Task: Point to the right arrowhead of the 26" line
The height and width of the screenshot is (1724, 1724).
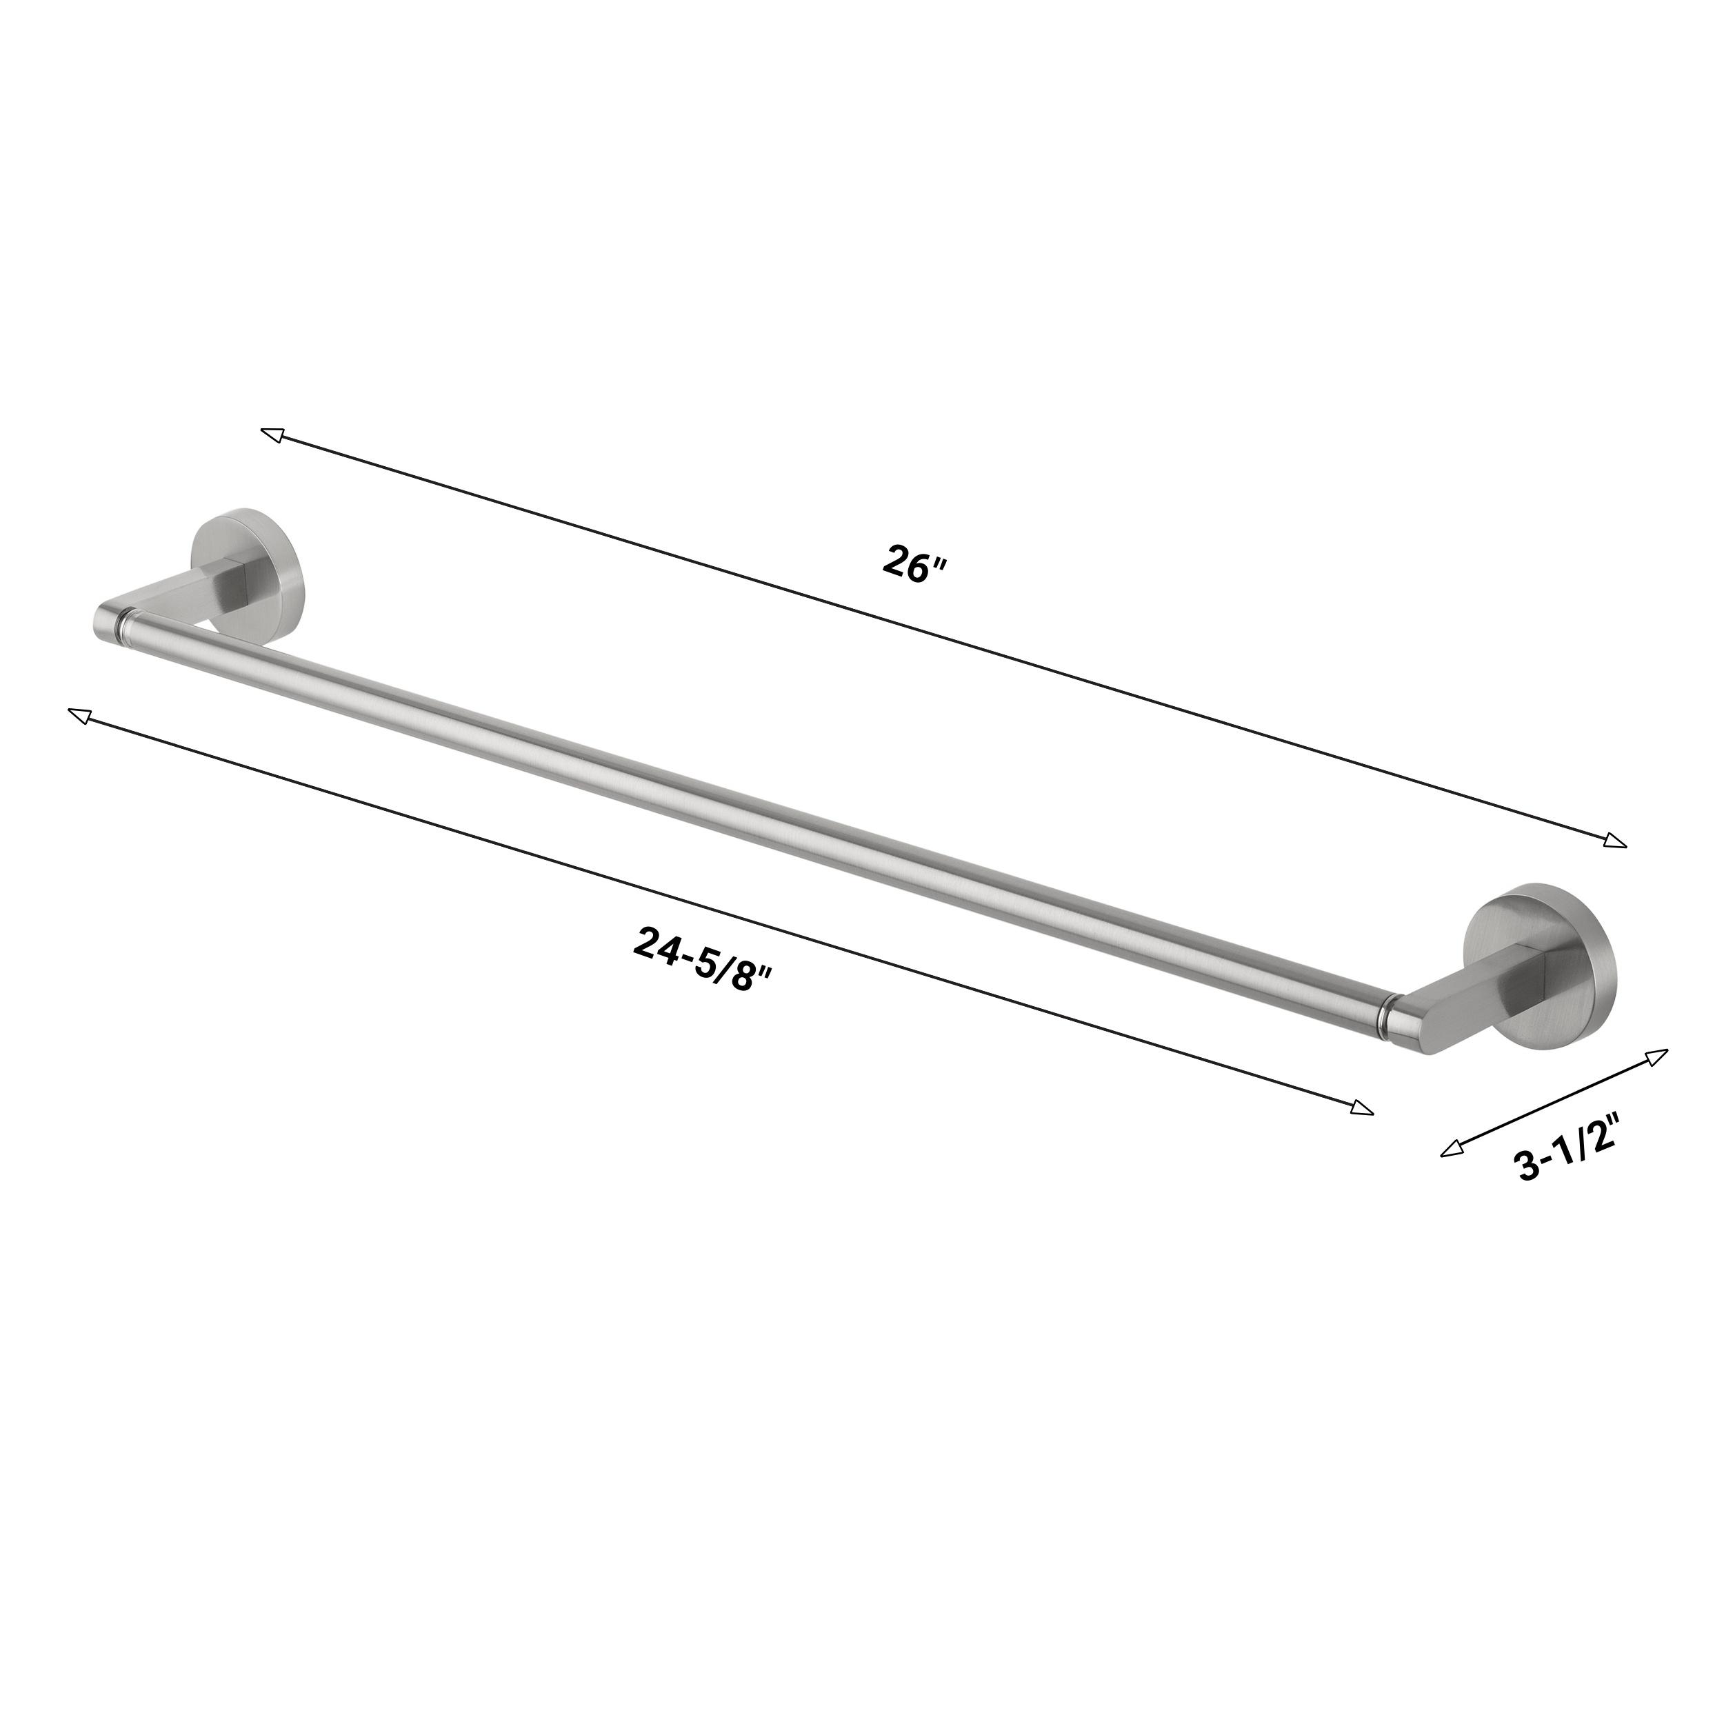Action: click(1615, 841)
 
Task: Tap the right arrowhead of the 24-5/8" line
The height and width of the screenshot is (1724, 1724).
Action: click(1362, 1109)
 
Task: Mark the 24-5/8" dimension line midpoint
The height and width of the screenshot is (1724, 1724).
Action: click(721, 912)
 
